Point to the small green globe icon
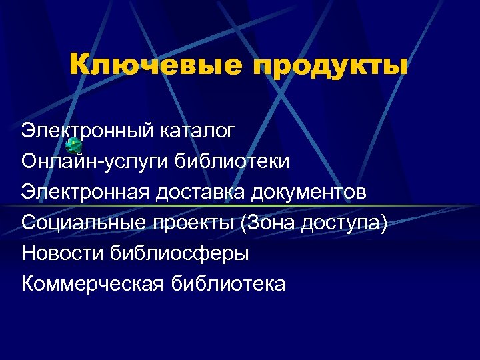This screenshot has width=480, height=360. click(75, 146)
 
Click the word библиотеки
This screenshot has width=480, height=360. click(232, 161)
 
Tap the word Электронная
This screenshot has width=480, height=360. click(87, 192)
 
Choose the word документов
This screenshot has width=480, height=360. click(309, 192)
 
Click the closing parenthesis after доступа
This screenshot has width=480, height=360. click(383, 223)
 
